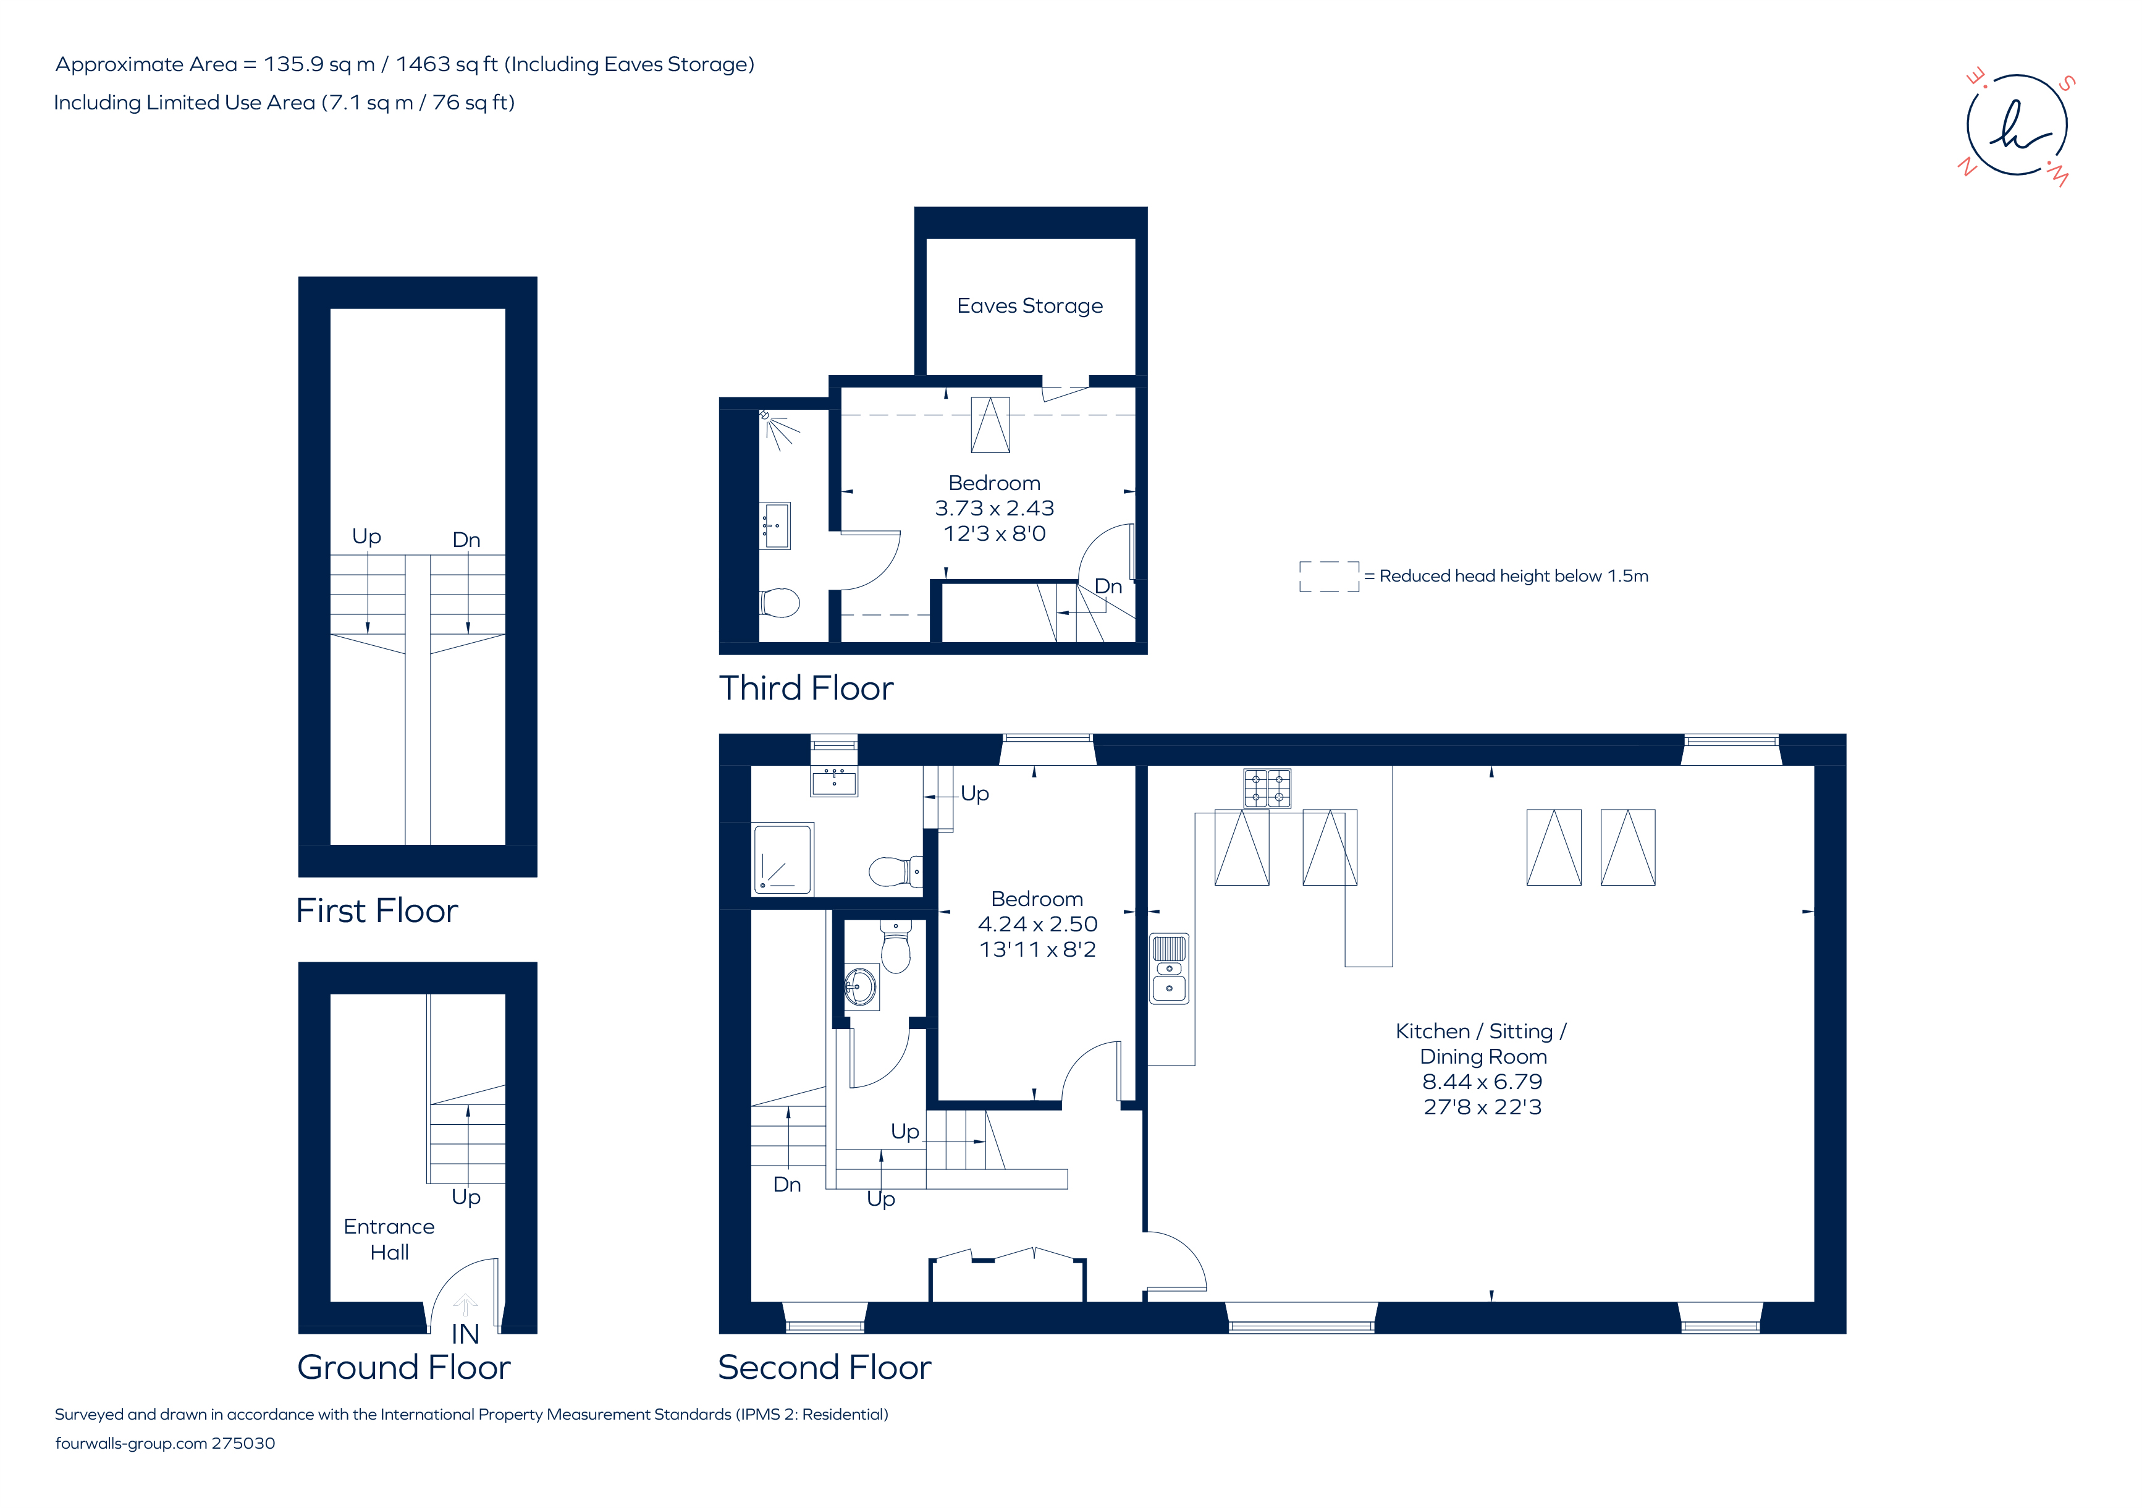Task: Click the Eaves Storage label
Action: [x=1029, y=306]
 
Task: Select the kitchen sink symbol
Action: [x=1168, y=968]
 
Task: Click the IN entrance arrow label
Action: [x=465, y=1334]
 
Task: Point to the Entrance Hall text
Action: [x=389, y=1239]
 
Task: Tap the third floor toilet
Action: [x=780, y=603]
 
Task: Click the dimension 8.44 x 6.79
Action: [x=1482, y=1082]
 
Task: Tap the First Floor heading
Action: [x=377, y=911]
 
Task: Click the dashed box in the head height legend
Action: [x=1328, y=576]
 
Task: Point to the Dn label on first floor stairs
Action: [x=466, y=540]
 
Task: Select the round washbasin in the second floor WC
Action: [x=860, y=985]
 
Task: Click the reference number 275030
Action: [x=243, y=1444]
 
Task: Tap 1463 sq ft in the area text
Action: [x=446, y=64]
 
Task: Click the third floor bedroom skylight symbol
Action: [x=990, y=426]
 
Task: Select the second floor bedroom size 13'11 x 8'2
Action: [x=1037, y=950]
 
